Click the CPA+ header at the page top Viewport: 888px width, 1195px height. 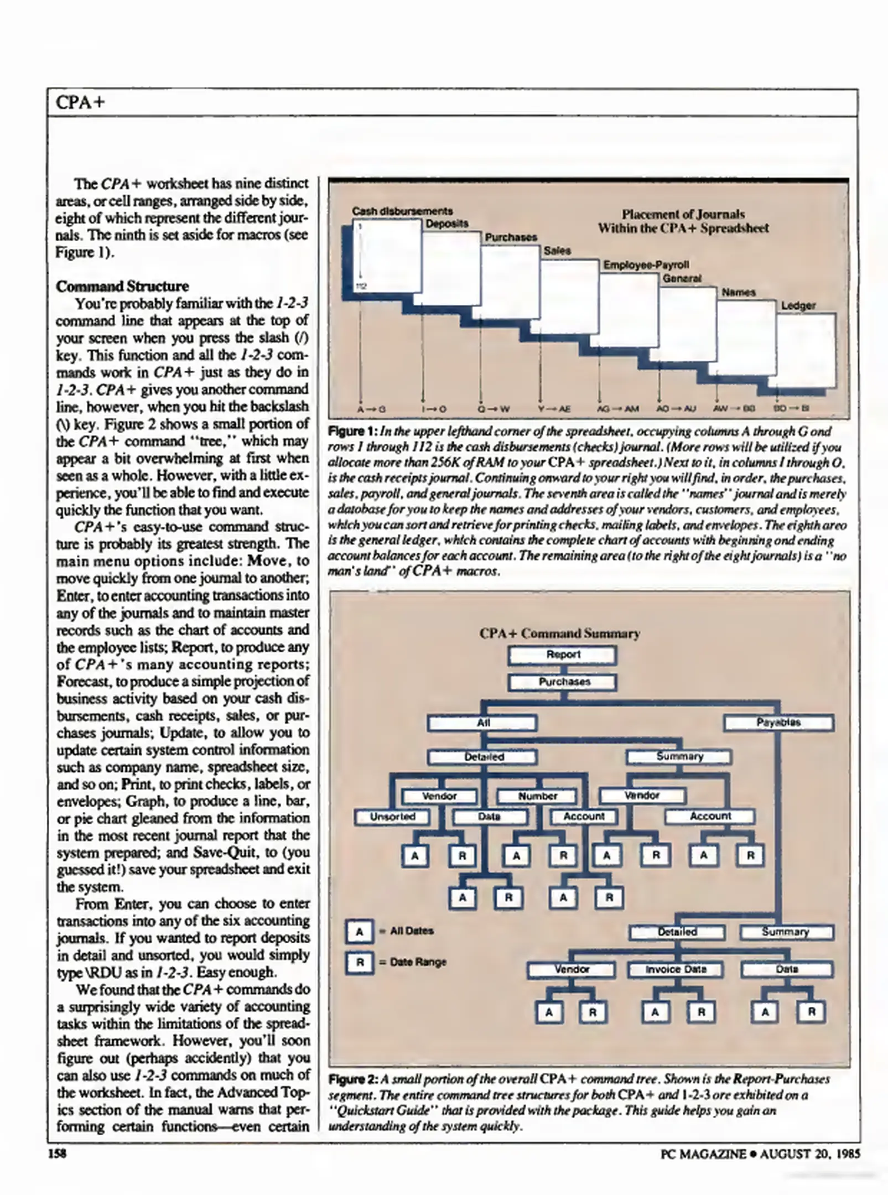(x=80, y=103)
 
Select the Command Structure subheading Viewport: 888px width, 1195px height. (x=122, y=286)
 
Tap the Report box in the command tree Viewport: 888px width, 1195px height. (x=563, y=654)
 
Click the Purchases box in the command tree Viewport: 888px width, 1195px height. (x=563, y=682)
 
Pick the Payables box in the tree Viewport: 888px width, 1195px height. (x=778, y=723)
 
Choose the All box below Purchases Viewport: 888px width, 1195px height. (x=482, y=723)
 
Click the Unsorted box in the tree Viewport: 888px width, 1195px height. (x=392, y=817)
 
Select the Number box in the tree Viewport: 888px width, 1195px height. (x=537, y=796)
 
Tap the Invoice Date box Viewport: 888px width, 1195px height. (x=676, y=969)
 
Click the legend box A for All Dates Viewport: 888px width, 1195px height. (x=359, y=932)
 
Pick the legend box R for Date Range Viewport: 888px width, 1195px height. (x=359, y=963)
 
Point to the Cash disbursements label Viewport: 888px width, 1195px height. (x=402, y=211)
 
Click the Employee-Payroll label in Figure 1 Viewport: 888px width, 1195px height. (x=646, y=264)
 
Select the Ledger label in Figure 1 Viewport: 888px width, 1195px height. (x=798, y=305)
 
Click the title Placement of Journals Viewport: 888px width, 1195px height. (x=683, y=214)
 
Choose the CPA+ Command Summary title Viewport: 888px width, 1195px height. (x=559, y=633)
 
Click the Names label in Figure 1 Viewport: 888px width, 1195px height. (x=738, y=292)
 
